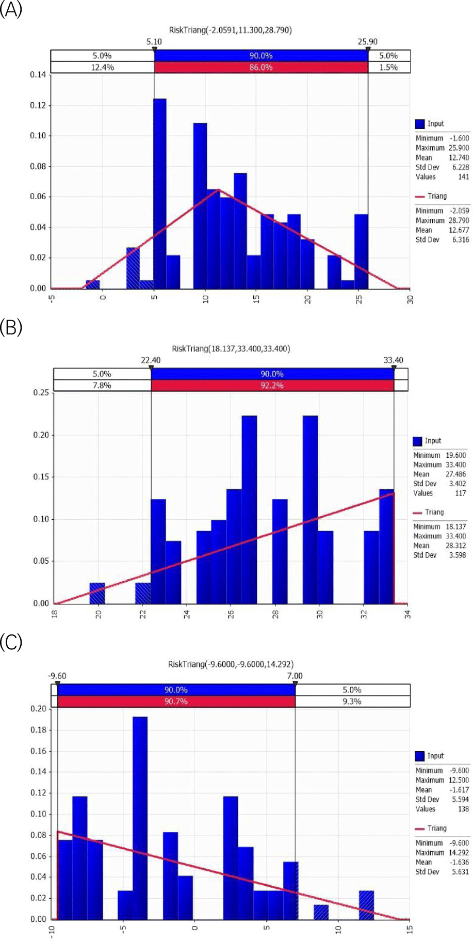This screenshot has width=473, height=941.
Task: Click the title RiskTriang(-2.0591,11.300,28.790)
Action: click(x=230, y=30)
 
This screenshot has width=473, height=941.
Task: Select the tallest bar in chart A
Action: click(x=160, y=194)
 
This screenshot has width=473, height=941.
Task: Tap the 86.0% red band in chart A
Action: click(x=261, y=67)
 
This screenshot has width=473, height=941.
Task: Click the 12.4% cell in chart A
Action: click(x=102, y=67)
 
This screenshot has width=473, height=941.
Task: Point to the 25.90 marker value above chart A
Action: click(x=367, y=41)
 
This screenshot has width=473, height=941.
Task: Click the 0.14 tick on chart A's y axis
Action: click(x=38, y=74)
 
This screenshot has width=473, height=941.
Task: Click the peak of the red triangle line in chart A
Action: click(x=219, y=190)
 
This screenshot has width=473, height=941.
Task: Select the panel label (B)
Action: click(x=11, y=327)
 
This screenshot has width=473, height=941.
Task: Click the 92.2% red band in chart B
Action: click(x=272, y=385)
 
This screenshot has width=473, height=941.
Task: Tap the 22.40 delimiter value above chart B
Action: click(x=151, y=360)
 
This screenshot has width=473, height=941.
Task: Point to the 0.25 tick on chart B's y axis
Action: click(x=41, y=392)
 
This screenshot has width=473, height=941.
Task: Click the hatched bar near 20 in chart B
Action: click(x=97, y=593)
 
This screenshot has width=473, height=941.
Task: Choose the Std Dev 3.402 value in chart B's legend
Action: click(x=457, y=484)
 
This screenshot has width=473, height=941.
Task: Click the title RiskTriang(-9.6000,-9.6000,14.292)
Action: click(x=231, y=664)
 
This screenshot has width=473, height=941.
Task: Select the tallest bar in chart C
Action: click(x=140, y=818)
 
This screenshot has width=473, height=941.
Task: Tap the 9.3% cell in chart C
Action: click(x=352, y=701)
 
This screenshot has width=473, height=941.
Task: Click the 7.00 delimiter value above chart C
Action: click(x=295, y=676)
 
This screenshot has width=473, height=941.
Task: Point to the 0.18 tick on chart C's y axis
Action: click(x=38, y=730)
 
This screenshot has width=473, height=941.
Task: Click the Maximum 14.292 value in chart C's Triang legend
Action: click(x=459, y=852)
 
